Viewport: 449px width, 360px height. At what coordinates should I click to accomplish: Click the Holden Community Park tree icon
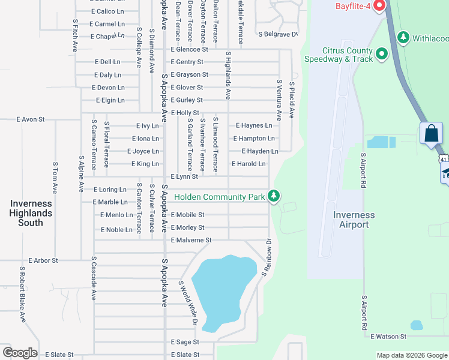[x=274, y=196]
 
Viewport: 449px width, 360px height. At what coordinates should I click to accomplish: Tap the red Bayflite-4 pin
[x=379, y=6]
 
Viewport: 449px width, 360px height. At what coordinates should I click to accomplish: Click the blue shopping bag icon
[x=432, y=133]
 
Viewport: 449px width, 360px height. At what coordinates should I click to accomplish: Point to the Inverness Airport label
[x=354, y=220]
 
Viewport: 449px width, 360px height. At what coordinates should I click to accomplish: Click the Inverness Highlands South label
[x=31, y=213]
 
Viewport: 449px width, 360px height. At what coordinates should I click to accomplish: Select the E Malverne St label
[x=191, y=240]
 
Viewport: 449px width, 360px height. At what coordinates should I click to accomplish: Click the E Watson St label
[x=388, y=337]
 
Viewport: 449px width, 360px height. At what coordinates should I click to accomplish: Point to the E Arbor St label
[x=43, y=260]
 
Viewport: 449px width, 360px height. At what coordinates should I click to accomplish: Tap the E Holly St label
[x=185, y=113]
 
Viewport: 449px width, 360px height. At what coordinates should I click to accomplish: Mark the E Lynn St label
[x=184, y=176]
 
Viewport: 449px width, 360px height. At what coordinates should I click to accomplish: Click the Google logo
[x=20, y=353]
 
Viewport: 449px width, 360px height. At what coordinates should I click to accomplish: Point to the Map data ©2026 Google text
[x=411, y=355]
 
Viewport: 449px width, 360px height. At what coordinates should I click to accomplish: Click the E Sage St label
[x=185, y=342]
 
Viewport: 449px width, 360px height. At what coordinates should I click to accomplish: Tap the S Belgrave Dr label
[x=277, y=34]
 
